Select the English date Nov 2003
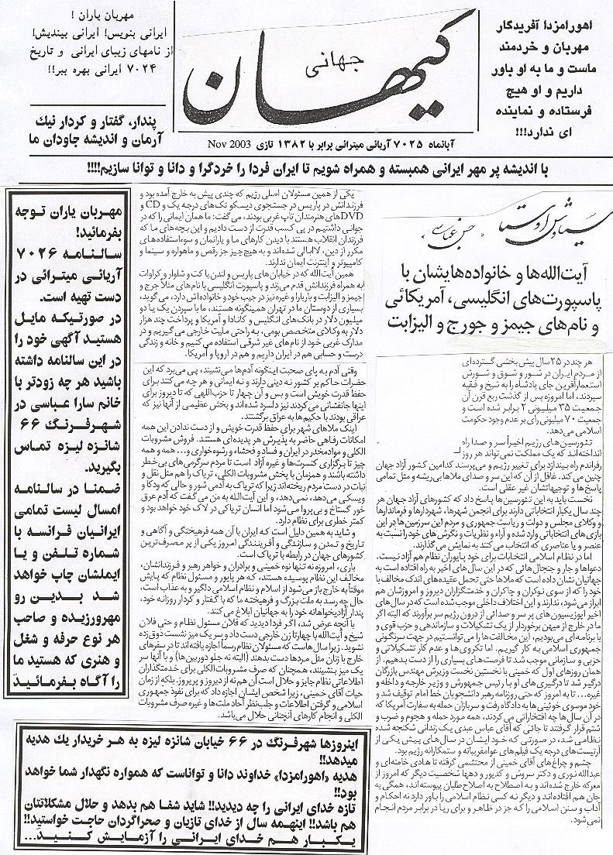pyautogui.click(x=231, y=145)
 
